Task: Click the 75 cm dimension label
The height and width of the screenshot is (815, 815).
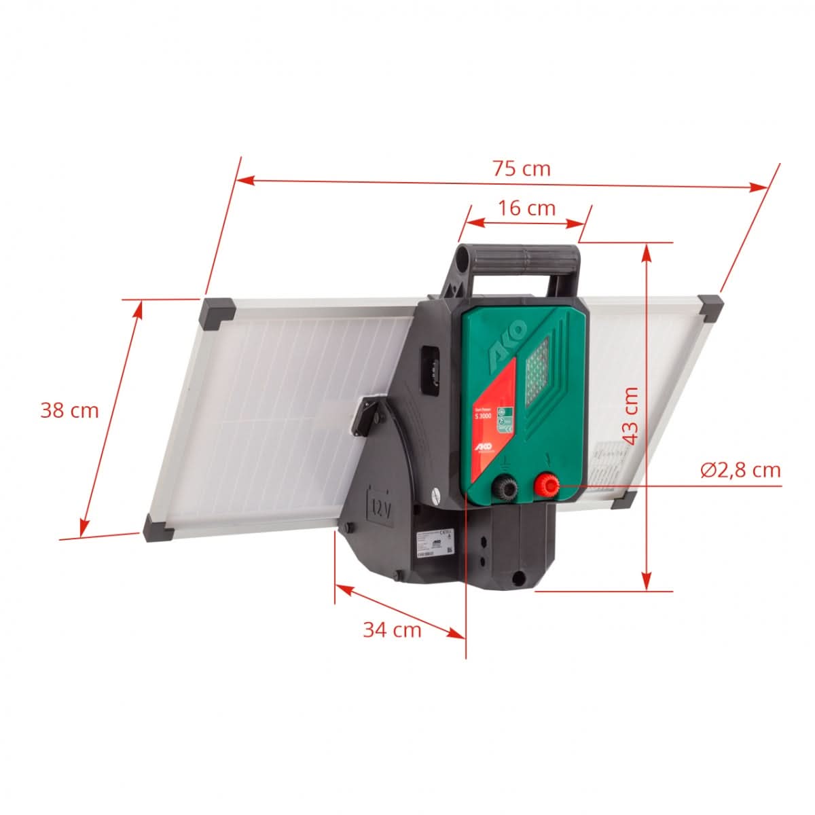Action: [521, 168]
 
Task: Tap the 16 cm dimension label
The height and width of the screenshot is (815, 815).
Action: [527, 208]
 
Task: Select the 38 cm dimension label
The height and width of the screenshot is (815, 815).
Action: [69, 411]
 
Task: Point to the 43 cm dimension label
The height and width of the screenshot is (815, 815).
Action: [632, 416]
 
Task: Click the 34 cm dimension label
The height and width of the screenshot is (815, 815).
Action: [392, 630]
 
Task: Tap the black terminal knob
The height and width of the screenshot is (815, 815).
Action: [505, 486]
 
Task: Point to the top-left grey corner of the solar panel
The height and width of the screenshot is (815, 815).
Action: [217, 313]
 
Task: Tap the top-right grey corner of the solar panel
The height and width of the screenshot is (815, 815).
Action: [710, 307]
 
